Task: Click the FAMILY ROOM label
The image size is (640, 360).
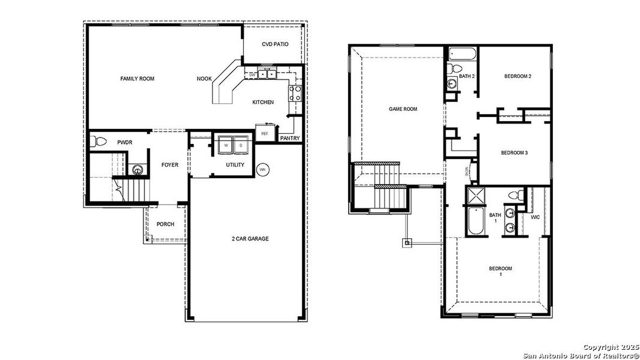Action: pos(137,79)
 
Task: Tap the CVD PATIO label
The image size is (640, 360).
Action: pos(275,44)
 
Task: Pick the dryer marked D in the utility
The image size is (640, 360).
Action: pos(241,145)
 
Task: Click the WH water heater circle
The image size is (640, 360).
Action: pos(262,170)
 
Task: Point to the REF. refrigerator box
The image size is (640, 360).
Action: pos(265,133)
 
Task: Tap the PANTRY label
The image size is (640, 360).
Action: pos(291,139)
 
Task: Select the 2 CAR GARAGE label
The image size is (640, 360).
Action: pos(250,239)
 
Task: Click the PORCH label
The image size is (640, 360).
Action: pos(165,224)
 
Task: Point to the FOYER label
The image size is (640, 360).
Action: pos(170,165)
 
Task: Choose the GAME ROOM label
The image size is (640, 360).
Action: pos(403,109)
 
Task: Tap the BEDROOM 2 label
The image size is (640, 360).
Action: pos(517,76)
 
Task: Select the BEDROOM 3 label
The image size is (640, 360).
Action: pos(514,153)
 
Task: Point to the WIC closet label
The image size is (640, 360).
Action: pos(536,217)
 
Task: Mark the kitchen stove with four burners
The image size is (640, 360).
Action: pos(295,93)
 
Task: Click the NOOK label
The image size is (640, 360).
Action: pos(204,79)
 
